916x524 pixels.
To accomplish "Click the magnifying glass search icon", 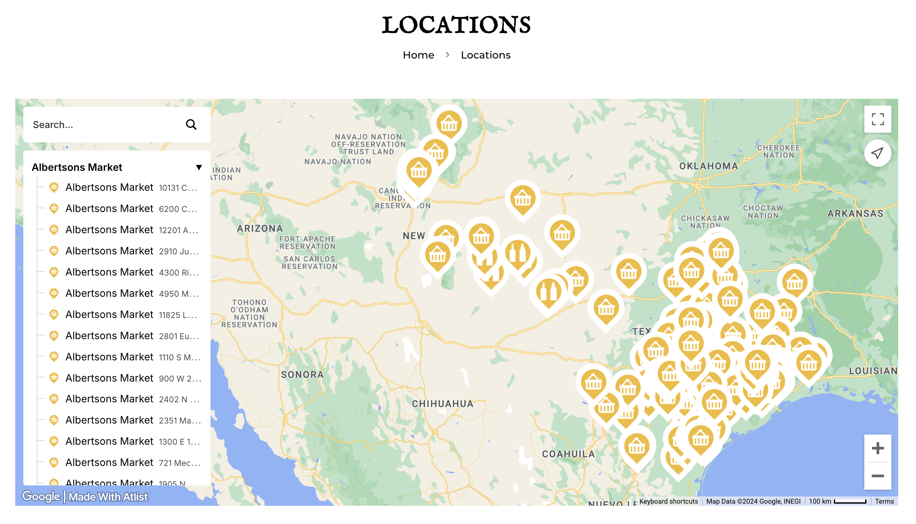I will point(191,125).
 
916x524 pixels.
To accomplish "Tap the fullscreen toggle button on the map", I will point(877,119).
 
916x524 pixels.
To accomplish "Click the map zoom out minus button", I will point(877,476).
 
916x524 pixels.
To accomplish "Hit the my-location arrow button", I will point(877,153).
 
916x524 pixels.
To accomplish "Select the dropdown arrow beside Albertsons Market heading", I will point(199,167).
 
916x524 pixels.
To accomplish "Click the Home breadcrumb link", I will point(418,55).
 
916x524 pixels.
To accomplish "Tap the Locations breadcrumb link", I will point(486,55).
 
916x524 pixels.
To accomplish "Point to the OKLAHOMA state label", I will point(708,166).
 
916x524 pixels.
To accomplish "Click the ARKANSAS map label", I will point(855,214).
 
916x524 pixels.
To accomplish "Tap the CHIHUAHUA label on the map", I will point(443,404).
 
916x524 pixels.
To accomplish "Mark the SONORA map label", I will point(302,375).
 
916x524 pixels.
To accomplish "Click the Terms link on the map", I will point(884,501).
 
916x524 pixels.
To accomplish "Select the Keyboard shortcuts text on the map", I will point(669,501).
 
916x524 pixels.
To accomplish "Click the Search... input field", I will point(102,125).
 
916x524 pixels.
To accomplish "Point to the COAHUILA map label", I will point(568,454).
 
